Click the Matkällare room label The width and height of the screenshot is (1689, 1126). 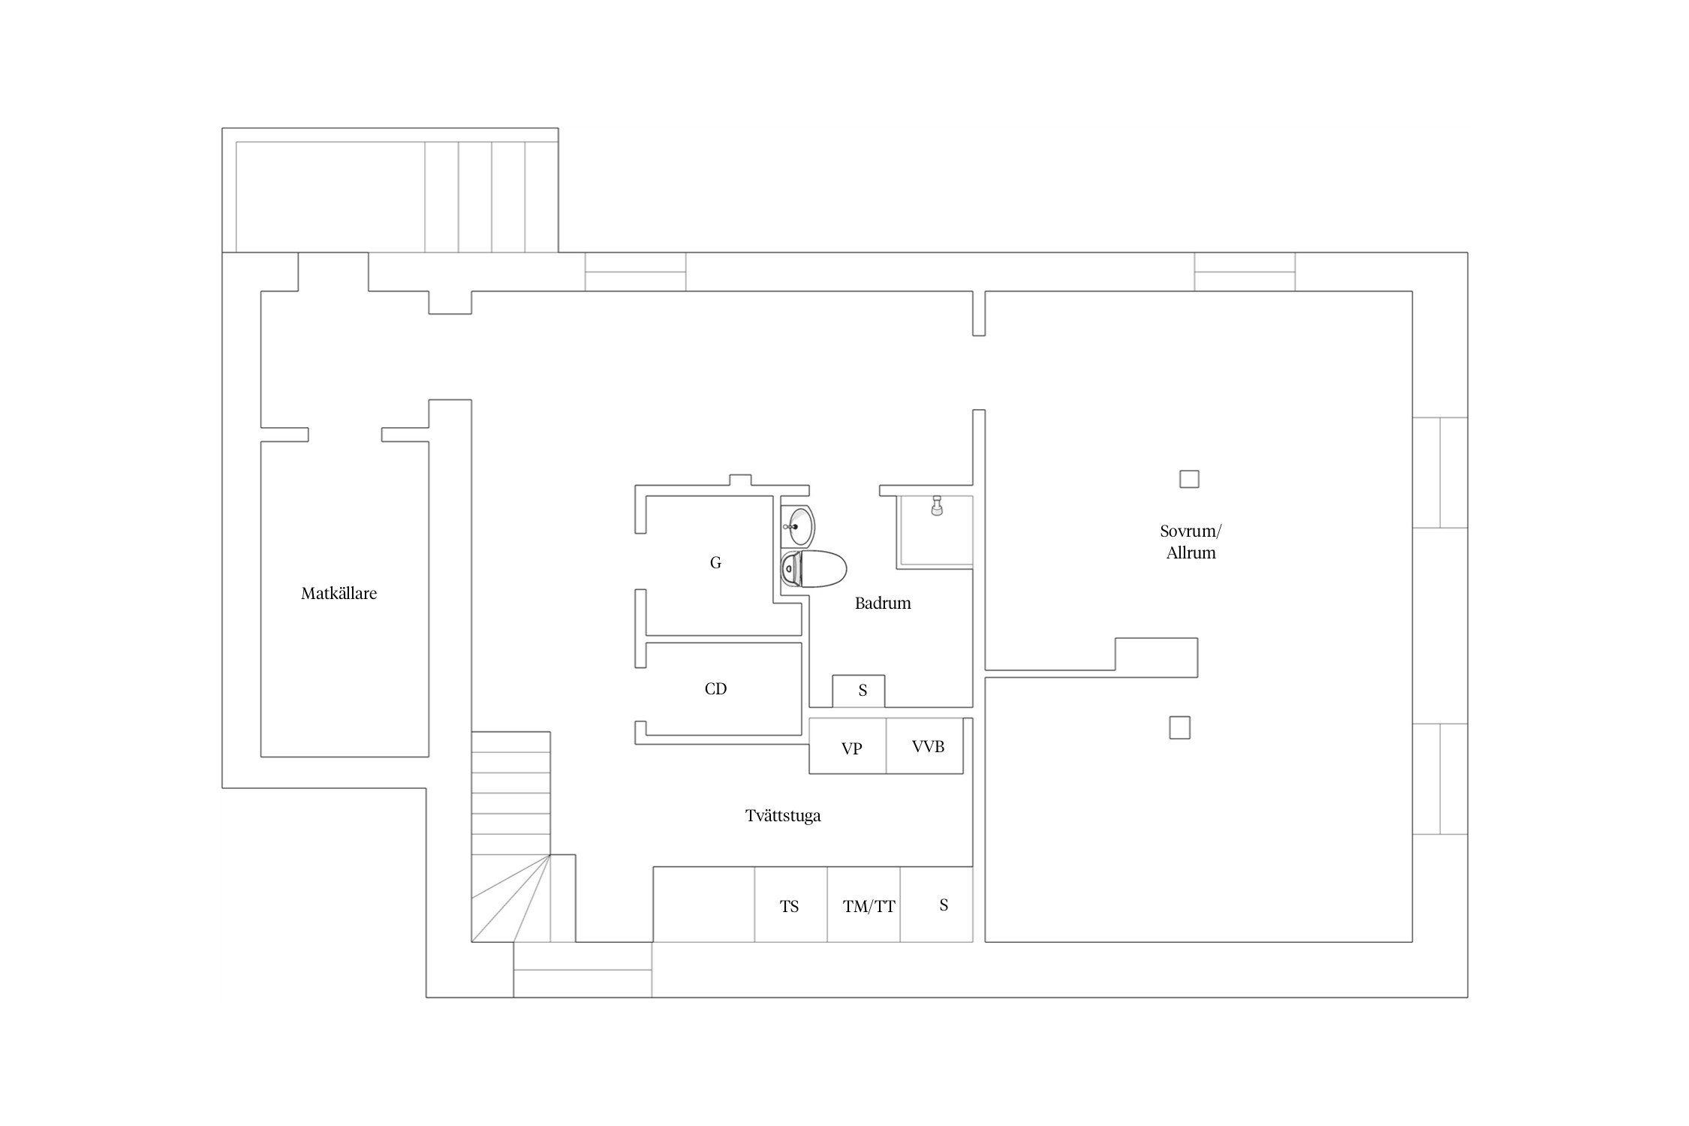(339, 594)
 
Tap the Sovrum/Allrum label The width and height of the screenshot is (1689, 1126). (1191, 542)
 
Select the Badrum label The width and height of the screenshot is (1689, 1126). (883, 604)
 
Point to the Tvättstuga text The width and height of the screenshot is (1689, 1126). (783, 816)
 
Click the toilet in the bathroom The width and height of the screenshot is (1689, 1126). (813, 569)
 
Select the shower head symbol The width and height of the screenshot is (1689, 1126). (937, 504)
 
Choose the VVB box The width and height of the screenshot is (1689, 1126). (925, 746)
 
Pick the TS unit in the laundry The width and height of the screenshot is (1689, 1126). (790, 905)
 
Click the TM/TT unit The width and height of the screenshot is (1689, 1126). (863, 905)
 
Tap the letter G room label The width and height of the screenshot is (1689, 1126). (715, 563)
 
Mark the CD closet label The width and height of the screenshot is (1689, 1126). (715, 689)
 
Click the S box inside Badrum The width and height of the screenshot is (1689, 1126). (859, 691)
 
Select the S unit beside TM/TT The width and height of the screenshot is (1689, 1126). (937, 905)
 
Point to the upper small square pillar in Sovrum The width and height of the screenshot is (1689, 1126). (1189, 479)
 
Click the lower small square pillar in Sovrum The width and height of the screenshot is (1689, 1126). (1180, 728)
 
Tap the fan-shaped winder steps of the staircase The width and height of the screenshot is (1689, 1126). (510, 898)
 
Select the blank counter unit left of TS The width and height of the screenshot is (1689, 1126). (704, 905)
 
